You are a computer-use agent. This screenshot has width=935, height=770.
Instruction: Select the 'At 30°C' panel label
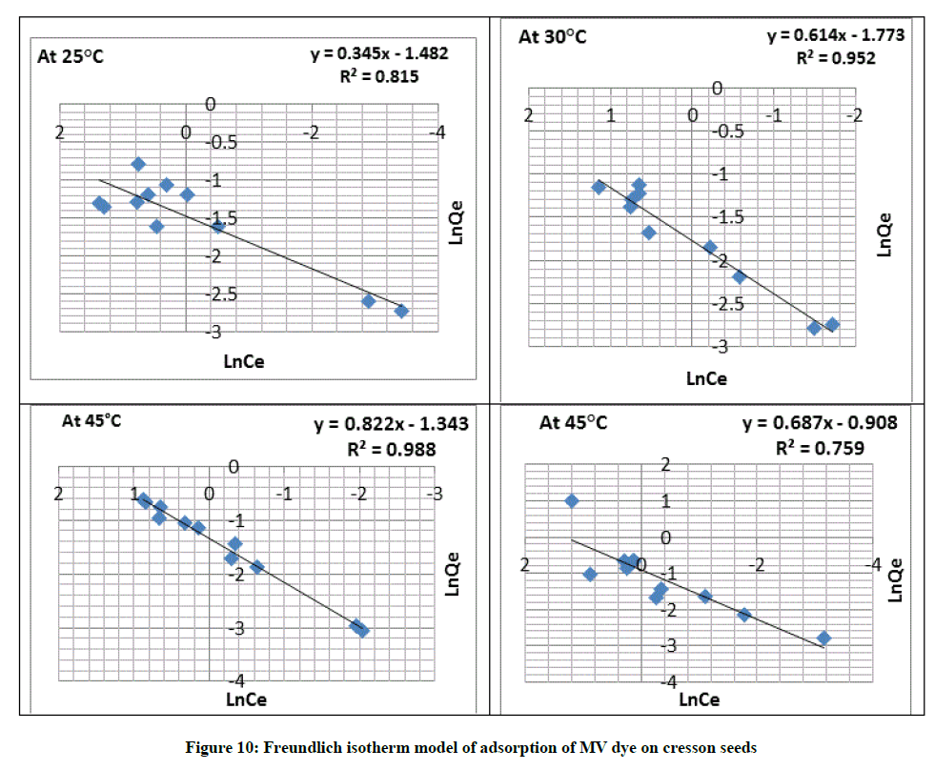[x=552, y=37]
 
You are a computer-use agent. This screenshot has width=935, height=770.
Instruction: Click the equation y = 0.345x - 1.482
[x=379, y=54]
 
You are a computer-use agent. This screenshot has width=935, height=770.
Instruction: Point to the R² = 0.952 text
[x=836, y=58]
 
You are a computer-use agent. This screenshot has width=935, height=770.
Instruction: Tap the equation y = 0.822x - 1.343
[x=392, y=424]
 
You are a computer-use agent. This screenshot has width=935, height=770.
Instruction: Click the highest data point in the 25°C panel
[x=138, y=165]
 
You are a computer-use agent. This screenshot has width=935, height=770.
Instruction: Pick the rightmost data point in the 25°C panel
[x=401, y=311]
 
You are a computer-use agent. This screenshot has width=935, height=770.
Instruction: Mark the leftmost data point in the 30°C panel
[x=600, y=187]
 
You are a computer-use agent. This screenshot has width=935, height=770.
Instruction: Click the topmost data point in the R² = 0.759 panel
[x=572, y=500]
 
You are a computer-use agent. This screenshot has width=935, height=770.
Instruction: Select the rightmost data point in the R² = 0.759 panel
[x=823, y=638]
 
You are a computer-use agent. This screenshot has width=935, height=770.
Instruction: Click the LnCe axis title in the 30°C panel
[x=706, y=378]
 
